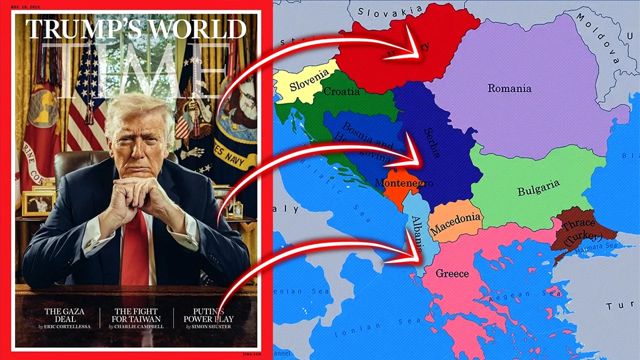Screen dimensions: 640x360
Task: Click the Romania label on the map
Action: (x=509, y=88)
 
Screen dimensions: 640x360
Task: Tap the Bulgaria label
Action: (x=538, y=188)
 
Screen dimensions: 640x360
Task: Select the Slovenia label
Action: (x=309, y=79)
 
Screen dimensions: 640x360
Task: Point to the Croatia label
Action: (x=341, y=91)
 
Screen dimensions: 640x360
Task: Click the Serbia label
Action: (x=432, y=143)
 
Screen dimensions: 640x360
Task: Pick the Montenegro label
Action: (x=403, y=183)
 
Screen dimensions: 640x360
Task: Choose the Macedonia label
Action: (x=455, y=223)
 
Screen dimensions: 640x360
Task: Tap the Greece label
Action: (x=452, y=273)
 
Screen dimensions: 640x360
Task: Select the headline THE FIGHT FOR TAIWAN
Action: (x=137, y=315)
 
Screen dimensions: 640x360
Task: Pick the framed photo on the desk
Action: (x=38, y=203)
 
